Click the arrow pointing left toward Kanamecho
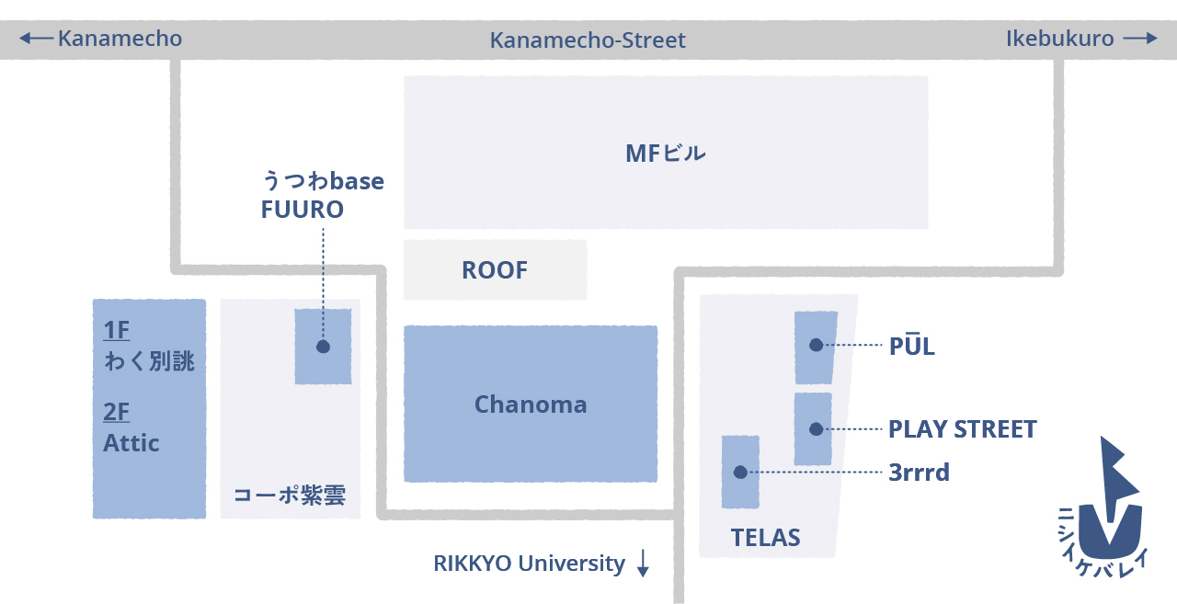tap(36, 39)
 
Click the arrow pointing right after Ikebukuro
tap(1139, 39)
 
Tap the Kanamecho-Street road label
tap(588, 40)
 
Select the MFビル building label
tap(665, 153)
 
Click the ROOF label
tap(495, 270)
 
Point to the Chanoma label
tap(531, 405)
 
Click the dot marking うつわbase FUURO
tap(323, 347)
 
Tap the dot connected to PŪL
tap(816, 345)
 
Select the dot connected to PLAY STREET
tap(815, 428)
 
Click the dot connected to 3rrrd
tap(740, 473)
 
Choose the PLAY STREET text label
tap(962, 429)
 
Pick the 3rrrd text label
tap(919, 473)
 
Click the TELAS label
tap(765, 538)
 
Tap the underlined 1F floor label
tap(117, 330)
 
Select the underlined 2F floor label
tap(117, 412)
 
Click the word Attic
tap(131, 443)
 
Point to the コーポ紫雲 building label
tap(289, 496)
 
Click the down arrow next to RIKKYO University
tap(643, 564)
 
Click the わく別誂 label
tap(149, 361)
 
